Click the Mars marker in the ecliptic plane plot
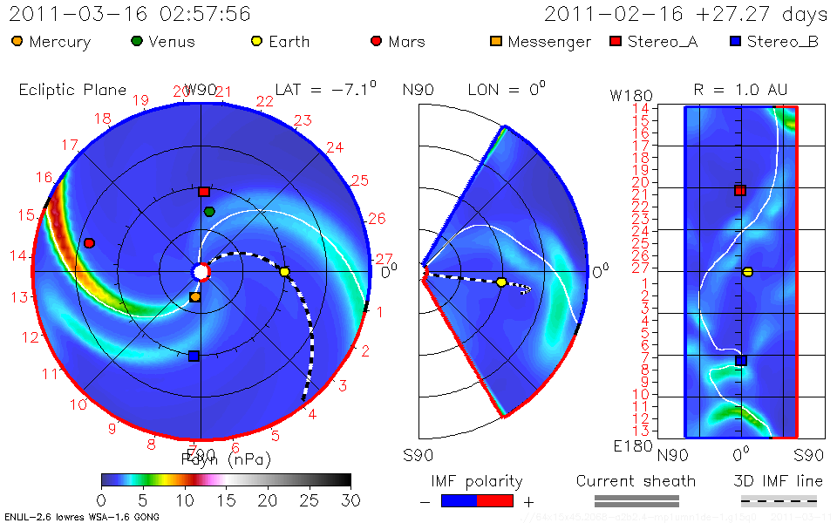point(89,243)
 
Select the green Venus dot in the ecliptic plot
point(209,212)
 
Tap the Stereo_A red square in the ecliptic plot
point(204,192)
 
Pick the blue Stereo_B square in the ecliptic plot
point(194,356)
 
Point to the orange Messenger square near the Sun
point(195,297)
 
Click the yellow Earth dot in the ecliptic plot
point(284,272)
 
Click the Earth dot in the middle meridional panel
point(501,282)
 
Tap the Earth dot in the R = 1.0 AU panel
point(747,272)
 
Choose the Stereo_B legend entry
point(773,42)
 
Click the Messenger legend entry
point(541,42)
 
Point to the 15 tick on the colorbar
point(226,499)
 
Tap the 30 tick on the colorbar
point(350,499)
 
